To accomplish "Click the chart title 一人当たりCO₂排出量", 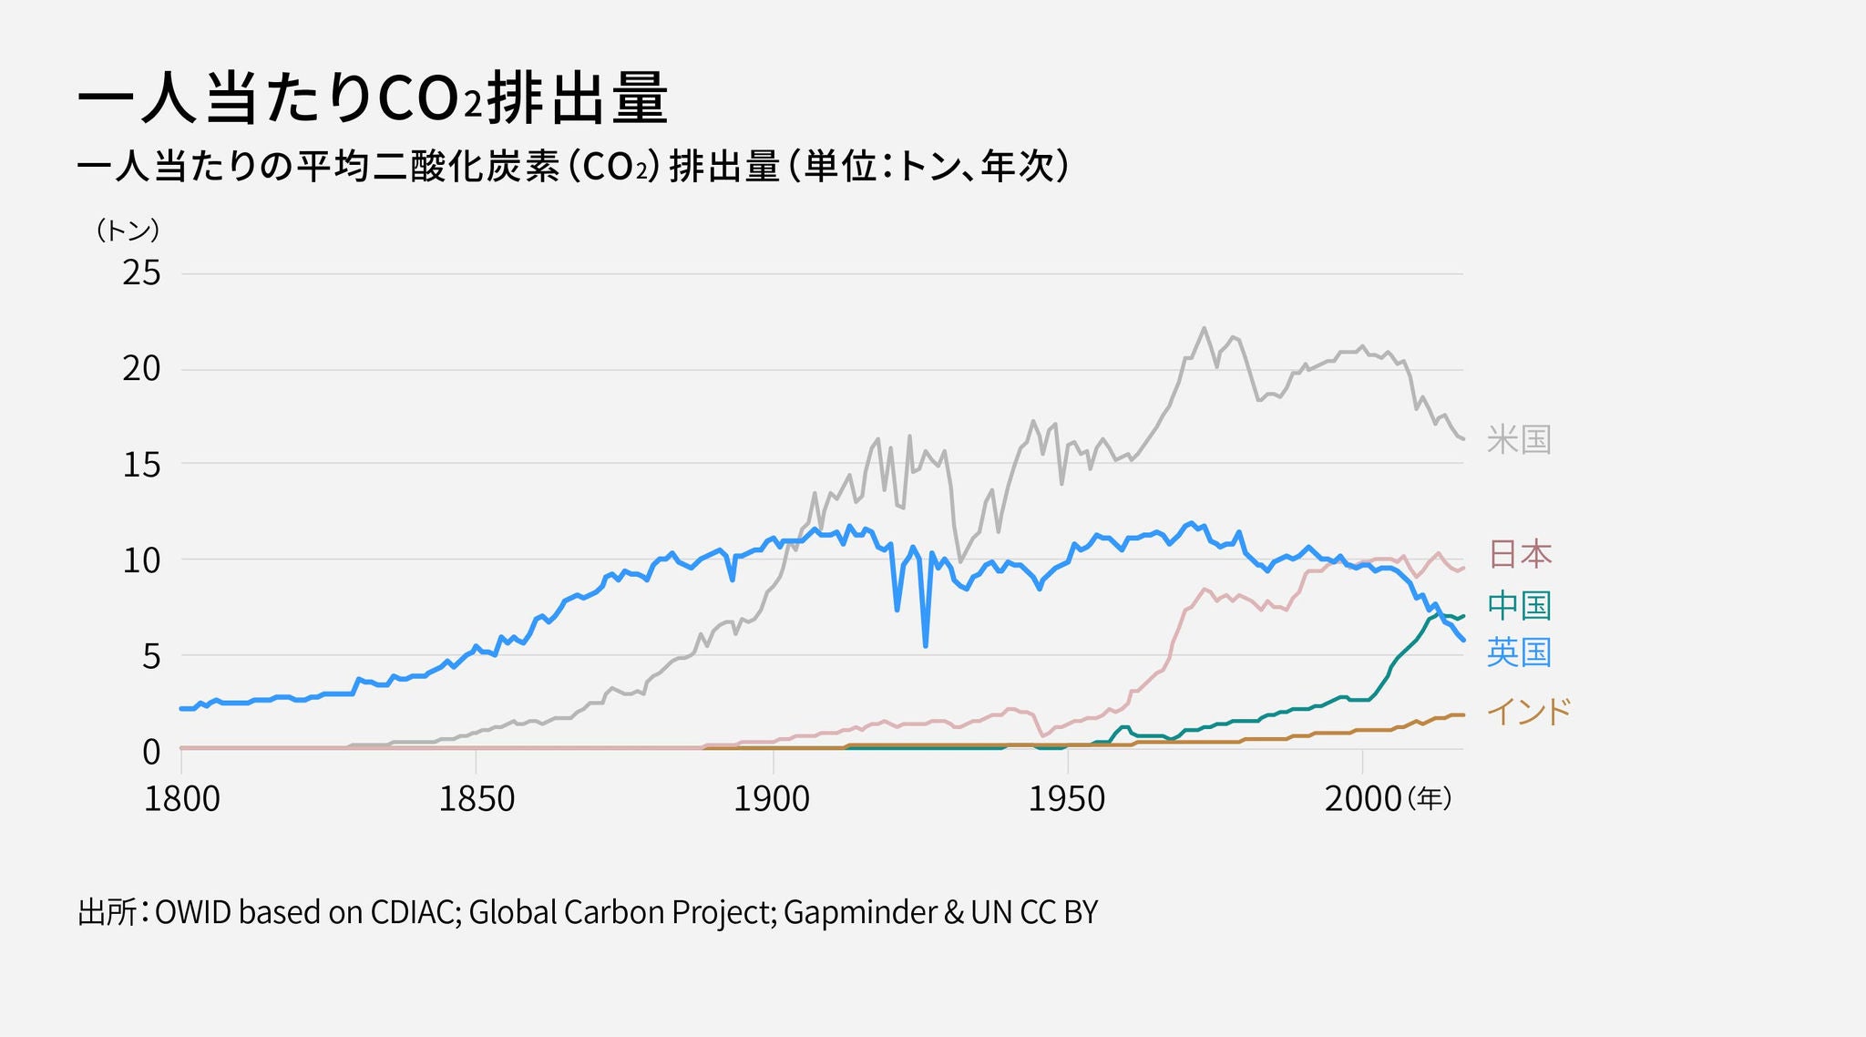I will tap(372, 98).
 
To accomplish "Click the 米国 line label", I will tap(1518, 440).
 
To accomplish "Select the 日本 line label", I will tap(1519, 554).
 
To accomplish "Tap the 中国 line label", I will tap(1519, 605).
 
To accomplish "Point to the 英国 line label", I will tap(1519, 652).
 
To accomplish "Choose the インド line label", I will tap(1529, 711).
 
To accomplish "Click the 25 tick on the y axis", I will tap(141, 272).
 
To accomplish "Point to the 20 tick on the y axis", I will tap(141, 368).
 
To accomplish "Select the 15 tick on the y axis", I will tap(141, 465).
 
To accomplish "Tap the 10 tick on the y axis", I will tap(141, 560).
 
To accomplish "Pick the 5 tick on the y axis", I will tap(151, 656).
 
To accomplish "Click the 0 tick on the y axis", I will tap(151, 752).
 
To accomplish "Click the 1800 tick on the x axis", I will tap(182, 799).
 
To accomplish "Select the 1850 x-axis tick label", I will tap(477, 799).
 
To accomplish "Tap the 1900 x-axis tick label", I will tap(772, 799).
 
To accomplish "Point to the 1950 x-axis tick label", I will tap(1066, 799).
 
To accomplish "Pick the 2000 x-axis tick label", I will tap(1362, 799).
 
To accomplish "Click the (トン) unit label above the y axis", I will tap(128, 231).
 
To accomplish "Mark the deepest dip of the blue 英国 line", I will tap(925, 645).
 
